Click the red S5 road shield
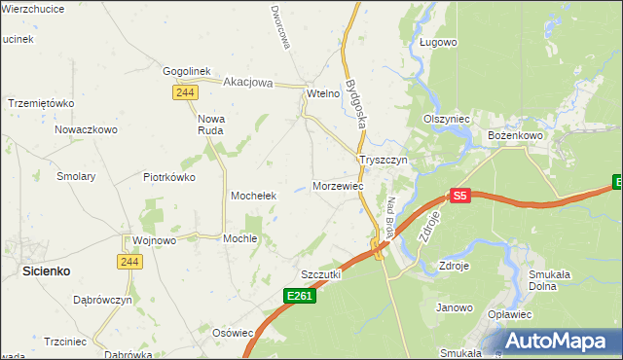click(460, 196)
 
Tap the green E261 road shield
click(301, 296)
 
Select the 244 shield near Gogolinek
click(186, 92)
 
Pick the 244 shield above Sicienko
click(130, 262)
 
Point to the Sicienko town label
click(45, 273)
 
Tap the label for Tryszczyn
click(387, 160)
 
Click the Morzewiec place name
click(339, 186)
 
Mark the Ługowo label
click(438, 43)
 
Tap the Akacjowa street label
click(250, 83)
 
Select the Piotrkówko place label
click(169, 177)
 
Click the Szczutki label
click(321, 274)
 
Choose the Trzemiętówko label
click(41, 103)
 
